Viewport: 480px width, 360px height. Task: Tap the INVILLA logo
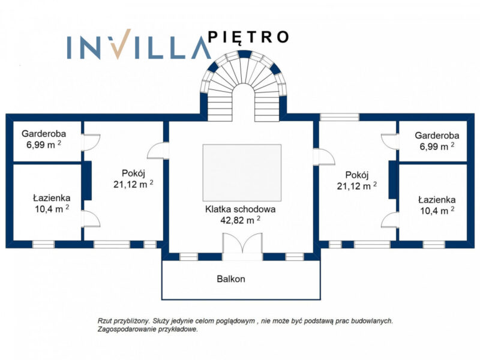[139, 44]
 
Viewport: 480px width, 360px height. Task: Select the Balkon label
[231, 279]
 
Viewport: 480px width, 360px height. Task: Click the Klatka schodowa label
[241, 209]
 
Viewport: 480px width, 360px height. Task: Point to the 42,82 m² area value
[241, 220]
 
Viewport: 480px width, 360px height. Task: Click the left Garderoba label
[44, 133]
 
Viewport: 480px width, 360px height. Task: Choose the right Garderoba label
[437, 136]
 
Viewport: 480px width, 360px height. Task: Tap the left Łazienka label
[52, 198]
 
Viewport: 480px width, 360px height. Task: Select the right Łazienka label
[437, 200]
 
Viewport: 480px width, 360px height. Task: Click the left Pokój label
[133, 173]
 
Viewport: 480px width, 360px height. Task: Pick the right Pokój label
[357, 175]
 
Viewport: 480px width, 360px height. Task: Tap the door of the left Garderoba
[91, 142]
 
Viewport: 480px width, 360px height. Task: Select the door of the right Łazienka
[390, 220]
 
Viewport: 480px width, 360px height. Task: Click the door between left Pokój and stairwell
[158, 151]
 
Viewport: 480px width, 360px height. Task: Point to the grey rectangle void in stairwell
[242, 173]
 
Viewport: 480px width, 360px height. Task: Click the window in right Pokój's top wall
[339, 117]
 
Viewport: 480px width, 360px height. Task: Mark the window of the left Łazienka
[43, 244]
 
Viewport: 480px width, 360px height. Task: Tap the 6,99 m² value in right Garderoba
[437, 146]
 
